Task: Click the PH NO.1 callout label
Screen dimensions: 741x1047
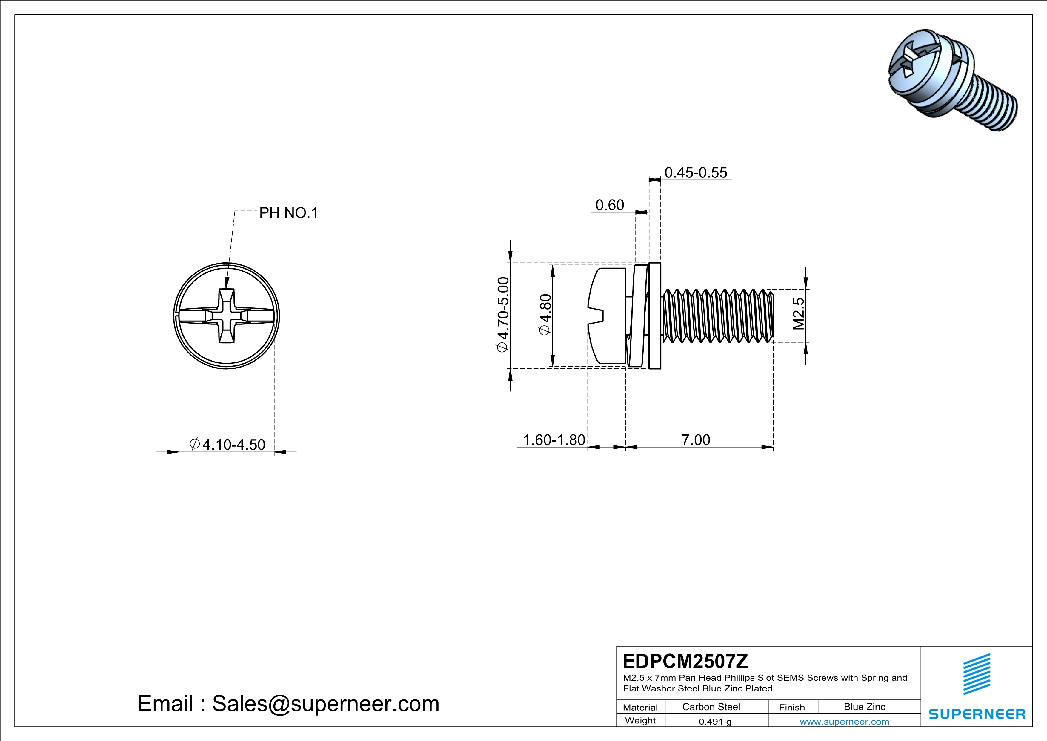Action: tap(288, 213)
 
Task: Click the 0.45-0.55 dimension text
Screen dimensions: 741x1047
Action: tap(695, 172)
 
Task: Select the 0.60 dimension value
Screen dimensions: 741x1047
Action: tap(610, 205)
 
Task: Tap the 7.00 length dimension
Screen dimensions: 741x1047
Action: tap(695, 440)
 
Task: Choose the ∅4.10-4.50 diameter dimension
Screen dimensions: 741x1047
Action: tap(227, 444)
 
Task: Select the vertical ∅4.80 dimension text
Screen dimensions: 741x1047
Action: tap(545, 315)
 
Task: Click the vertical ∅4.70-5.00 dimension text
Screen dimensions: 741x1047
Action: tap(502, 315)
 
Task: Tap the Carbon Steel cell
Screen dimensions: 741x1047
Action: tap(711, 707)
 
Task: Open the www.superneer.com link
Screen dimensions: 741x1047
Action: tap(844, 721)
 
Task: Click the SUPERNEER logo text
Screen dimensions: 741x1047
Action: tap(977, 714)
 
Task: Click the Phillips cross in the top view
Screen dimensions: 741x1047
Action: tap(227, 316)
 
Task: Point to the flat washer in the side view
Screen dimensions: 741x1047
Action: tap(654, 316)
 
